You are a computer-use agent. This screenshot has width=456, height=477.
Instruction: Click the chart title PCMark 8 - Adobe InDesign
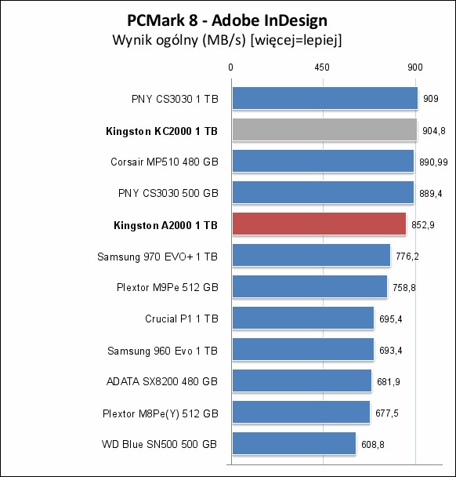[x=227, y=20]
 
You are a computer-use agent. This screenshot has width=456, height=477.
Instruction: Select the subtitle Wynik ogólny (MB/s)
[x=179, y=40]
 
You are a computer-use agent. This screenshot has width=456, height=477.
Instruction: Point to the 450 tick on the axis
[x=322, y=67]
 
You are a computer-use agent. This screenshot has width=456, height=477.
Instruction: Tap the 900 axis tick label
[x=415, y=67]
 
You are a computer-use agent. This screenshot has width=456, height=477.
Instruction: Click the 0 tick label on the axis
[x=231, y=67]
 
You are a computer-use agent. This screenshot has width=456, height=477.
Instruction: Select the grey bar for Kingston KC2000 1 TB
[x=324, y=130]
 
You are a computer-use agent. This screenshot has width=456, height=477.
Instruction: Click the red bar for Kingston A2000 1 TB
[x=320, y=224]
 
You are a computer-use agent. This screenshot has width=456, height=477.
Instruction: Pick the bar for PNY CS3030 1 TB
[x=325, y=98]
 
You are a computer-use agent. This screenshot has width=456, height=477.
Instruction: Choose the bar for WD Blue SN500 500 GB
[x=294, y=443]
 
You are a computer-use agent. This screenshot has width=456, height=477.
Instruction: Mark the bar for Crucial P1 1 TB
[x=303, y=318]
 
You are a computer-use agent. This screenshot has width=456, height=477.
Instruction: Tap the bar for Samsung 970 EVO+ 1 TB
[x=311, y=255]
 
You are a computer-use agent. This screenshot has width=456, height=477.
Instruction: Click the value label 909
[x=431, y=99]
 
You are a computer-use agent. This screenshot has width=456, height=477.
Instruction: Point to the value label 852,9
[x=423, y=225]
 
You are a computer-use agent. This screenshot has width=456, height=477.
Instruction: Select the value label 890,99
[x=433, y=162]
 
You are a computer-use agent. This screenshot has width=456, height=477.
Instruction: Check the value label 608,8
[x=373, y=445]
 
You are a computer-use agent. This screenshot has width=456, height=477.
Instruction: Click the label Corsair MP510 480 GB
[x=165, y=162]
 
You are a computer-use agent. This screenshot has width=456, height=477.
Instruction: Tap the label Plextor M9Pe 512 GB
[x=168, y=287]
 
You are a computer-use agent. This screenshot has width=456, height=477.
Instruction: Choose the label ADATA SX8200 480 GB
[x=162, y=381]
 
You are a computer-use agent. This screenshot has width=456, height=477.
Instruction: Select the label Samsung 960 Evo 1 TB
[x=162, y=351]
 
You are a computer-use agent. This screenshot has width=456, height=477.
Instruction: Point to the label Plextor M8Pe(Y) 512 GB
[x=161, y=413]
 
